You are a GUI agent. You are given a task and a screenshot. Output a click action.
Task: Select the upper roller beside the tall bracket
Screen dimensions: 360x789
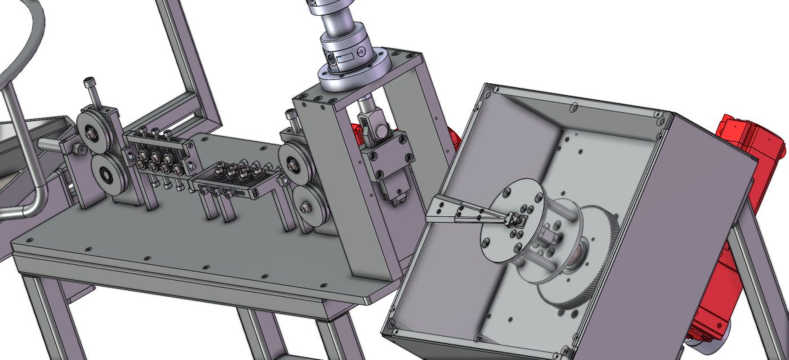[294, 164]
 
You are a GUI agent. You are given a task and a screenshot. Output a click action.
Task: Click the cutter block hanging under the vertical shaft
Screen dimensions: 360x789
[389, 169]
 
